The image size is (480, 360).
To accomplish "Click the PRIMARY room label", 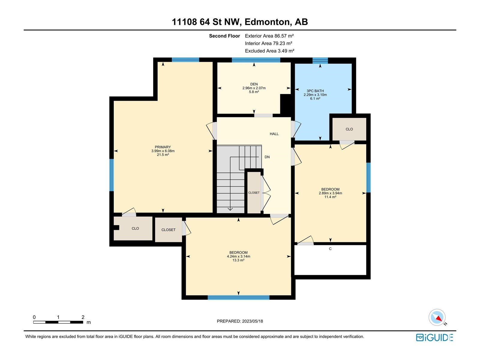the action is tap(163, 147).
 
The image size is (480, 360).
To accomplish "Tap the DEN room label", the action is tap(254, 84).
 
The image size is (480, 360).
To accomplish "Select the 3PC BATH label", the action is tap(315, 91).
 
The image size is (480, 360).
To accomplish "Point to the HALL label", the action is tap(274, 134).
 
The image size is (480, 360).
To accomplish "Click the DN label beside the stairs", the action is tap(267, 157).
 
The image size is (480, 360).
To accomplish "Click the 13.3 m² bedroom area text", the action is tap(238, 260).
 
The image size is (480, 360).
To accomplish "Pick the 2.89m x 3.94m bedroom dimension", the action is tap(330, 193).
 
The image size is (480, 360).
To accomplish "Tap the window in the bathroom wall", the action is tap(320, 60).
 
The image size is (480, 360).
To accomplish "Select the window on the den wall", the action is tap(256, 60).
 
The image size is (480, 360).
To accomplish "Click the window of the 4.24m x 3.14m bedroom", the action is tap(238, 297).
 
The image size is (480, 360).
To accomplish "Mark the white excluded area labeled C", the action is tap(330, 260).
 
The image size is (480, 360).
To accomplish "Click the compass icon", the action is tap(437, 317).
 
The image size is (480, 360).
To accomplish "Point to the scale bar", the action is tap(58, 322).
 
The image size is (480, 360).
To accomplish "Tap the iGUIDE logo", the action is tap(434, 337).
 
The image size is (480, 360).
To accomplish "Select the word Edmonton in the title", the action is tap(268, 22).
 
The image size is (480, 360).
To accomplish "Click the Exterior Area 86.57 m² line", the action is tap(269, 36).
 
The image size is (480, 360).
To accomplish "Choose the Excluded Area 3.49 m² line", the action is tap(269, 51).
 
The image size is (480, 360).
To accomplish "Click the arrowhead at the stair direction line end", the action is tap(230, 209).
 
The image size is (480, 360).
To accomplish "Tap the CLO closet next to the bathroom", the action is tap(349, 129).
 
